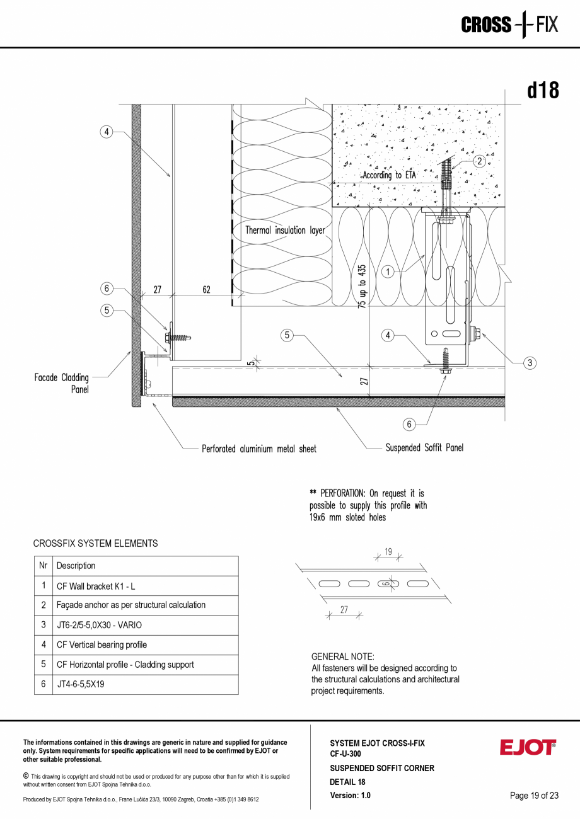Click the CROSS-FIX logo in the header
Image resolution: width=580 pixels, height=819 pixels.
[509, 25]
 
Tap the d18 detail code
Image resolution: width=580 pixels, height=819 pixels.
[543, 90]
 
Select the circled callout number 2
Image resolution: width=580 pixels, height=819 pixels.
[479, 161]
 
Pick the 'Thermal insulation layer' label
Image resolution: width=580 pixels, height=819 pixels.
[285, 231]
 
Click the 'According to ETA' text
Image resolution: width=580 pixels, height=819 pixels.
[394, 175]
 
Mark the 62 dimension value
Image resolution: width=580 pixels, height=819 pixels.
[206, 290]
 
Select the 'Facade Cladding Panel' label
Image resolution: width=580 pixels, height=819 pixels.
[61, 383]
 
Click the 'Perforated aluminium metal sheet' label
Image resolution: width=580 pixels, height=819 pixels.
[259, 449]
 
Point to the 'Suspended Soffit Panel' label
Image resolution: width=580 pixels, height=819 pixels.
[424, 448]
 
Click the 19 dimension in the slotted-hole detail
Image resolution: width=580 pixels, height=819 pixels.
[388, 552]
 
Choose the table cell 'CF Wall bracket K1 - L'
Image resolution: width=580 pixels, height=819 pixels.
[95, 586]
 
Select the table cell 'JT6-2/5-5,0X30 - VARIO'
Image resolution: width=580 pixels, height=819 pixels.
[99, 625]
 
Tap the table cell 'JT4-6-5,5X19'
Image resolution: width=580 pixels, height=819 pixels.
[80, 684]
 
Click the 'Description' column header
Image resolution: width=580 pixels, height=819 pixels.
[76, 566]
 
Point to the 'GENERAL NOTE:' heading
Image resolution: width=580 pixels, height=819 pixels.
[342, 656]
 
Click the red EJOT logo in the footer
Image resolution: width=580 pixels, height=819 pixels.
[528, 747]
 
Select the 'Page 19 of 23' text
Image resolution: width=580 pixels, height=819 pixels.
[534, 796]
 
